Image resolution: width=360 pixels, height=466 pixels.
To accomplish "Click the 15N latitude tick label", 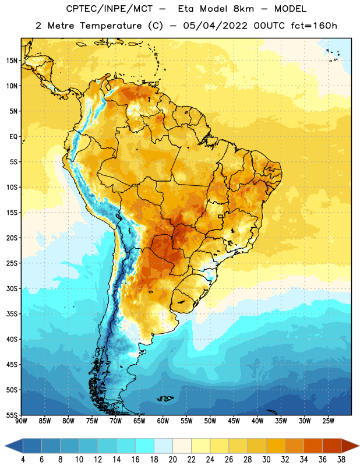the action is tap(12, 61).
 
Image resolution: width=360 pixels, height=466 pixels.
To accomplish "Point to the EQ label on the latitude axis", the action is tap(13, 137).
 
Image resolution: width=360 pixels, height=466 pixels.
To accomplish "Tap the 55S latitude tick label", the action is tap(12, 415).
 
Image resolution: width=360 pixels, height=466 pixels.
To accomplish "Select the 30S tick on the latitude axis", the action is tap(12, 288).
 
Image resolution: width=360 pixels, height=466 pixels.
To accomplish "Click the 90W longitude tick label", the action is tap(21, 421).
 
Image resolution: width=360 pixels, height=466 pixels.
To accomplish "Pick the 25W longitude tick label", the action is tap(328, 421).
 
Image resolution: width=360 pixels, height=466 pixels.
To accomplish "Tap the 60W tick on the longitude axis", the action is tap(163, 421).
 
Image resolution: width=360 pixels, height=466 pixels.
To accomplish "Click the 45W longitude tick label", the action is tap(234, 421).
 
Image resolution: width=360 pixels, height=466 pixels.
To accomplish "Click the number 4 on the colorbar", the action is tap(23, 460).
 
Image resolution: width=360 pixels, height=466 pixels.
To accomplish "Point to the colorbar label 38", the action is tap(341, 460).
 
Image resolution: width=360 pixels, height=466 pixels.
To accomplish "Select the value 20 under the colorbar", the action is tap(172, 460).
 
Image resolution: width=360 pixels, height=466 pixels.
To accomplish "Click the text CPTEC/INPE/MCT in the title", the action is tap(109, 9).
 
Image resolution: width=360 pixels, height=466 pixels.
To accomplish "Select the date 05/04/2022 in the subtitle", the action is tap(215, 26).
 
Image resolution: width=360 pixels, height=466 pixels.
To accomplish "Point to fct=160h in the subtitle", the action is tap(314, 26).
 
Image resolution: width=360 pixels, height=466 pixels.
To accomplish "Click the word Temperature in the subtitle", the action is tap(111, 26).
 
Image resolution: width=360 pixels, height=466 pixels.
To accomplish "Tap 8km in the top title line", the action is tap(243, 9).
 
